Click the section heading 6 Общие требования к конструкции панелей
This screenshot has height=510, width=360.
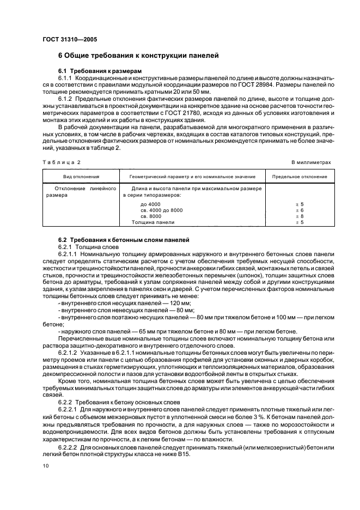point(138,56)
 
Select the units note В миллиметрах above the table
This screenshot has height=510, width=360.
point(311,162)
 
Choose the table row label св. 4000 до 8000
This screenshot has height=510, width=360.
point(162,210)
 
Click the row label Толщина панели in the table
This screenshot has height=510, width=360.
point(153,222)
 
